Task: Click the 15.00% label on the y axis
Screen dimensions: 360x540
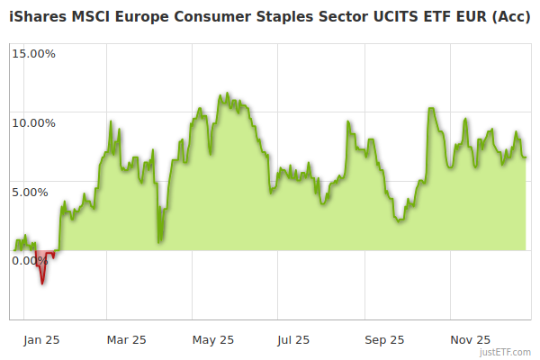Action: pyautogui.click(x=33, y=54)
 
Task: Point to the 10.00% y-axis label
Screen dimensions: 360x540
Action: pyautogui.click(x=33, y=123)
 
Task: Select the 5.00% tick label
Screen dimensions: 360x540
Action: pyautogui.click(x=36, y=192)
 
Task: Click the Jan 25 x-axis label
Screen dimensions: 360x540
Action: pyautogui.click(x=41, y=340)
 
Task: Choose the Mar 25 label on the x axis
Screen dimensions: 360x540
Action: pyautogui.click(x=126, y=340)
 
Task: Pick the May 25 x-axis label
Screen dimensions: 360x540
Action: pyautogui.click(x=213, y=340)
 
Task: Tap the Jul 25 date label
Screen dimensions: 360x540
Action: pyautogui.click(x=293, y=340)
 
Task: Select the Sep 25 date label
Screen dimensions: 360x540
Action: pyautogui.click(x=384, y=340)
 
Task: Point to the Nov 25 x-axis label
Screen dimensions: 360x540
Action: pyautogui.click(x=470, y=340)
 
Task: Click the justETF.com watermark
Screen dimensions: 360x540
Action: pyautogui.click(x=505, y=352)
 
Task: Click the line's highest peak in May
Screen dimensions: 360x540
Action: pyautogui.click(x=227, y=93)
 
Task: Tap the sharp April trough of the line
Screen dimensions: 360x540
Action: pyautogui.click(x=158, y=241)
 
